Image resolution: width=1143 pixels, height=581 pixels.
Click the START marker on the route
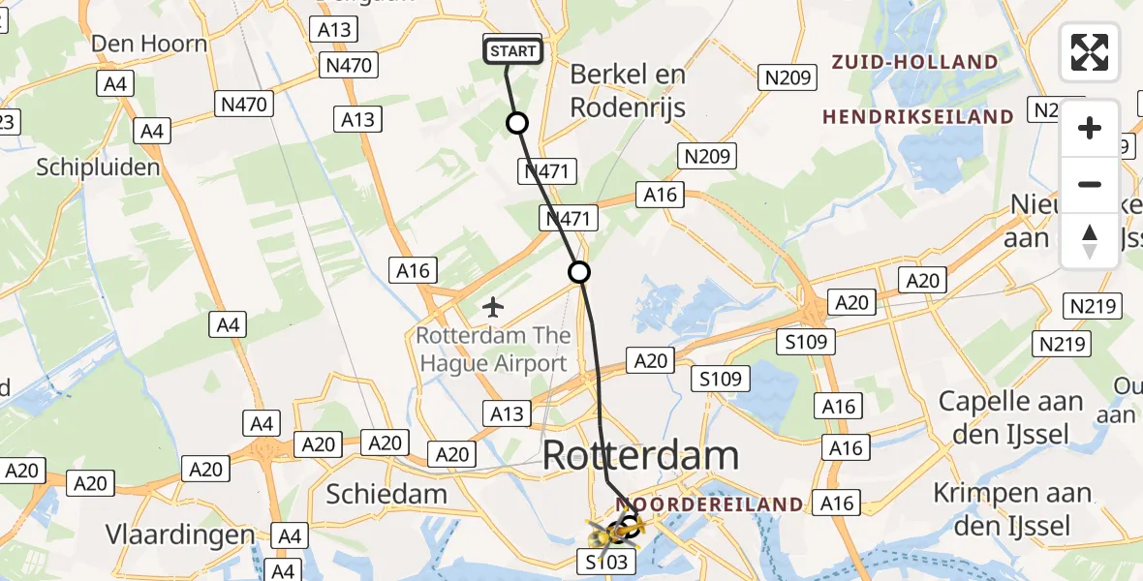tap(512, 51)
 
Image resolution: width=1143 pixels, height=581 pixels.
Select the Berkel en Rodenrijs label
tap(628, 90)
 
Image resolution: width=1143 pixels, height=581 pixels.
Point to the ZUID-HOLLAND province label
tap(914, 62)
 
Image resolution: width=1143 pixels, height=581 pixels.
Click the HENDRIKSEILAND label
tap(917, 117)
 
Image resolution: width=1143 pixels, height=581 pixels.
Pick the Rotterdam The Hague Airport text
tap(492, 351)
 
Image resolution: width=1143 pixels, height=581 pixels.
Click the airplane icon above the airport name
tap(493, 308)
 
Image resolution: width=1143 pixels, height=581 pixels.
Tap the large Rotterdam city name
tap(641, 455)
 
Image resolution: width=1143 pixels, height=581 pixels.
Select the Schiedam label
tap(386, 494)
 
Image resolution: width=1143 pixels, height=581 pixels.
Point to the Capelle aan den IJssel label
tap(1011, 417)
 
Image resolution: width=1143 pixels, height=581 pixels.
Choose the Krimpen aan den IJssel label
tap(1011, 509)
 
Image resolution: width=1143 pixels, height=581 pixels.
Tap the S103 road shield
tap(607, 562)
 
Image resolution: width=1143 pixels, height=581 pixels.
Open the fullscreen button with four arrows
tap(1090, 52)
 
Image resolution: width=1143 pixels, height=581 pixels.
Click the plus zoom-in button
tap(1090, 128)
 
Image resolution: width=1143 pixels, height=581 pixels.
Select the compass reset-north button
tap(1090, 240)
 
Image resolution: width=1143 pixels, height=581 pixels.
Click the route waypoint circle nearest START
tap(517, 123)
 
